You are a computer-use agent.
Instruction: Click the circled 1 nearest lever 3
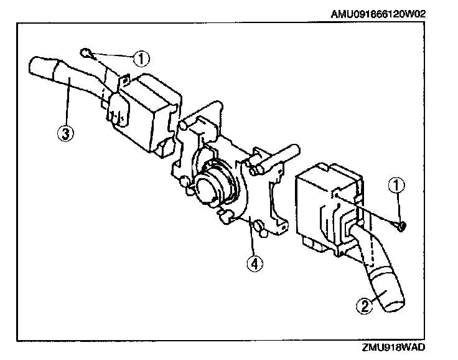142,59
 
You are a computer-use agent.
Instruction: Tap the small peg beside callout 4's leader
262,233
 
